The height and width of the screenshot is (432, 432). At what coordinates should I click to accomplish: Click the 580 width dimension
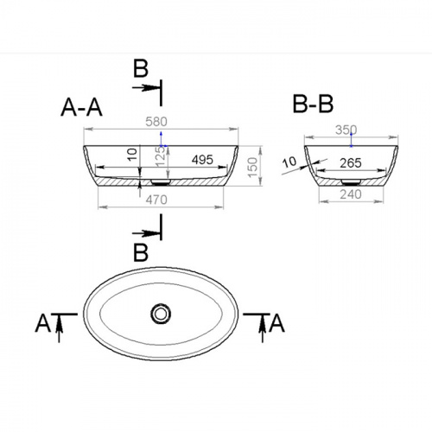tap(156, 122)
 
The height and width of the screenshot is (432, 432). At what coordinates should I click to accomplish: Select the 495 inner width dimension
tap(202, 160)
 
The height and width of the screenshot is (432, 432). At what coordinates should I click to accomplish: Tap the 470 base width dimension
tap(156, 200)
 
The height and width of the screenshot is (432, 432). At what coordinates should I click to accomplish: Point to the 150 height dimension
tap(252, 168)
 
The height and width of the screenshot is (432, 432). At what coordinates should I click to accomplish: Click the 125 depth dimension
tap(160, 157)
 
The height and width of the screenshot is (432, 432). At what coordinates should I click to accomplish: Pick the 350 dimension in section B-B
tap(346, 130)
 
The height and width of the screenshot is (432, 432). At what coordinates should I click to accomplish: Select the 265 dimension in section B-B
tap(351, 163)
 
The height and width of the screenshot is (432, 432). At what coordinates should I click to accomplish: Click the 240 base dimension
tap(351, 194)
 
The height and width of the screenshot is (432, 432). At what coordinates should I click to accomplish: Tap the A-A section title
tap(81, 107)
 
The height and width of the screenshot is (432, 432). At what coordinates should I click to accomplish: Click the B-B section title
tap(313, 104)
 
